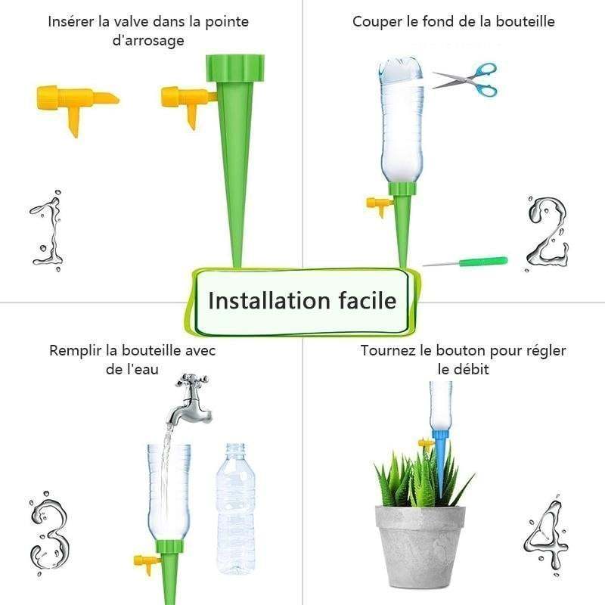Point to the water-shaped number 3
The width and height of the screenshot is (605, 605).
[x=48, y=529]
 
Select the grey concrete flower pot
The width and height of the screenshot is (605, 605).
[x=420, y=544]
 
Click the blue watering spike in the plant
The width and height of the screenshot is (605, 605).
[x=439, y=461]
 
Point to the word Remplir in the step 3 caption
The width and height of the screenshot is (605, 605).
[x=76, y=351]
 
